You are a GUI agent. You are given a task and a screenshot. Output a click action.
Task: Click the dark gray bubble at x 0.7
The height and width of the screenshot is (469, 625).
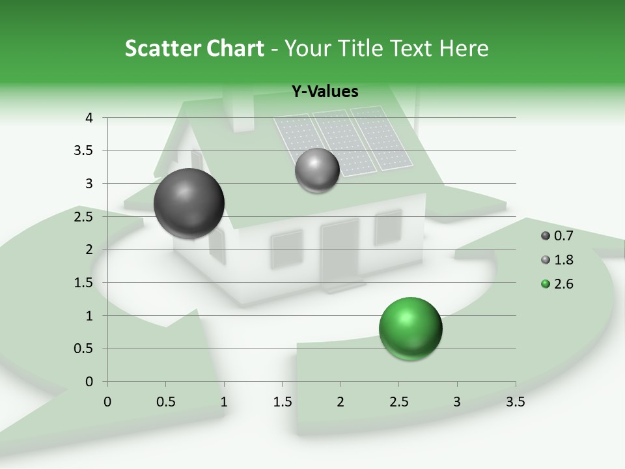189,203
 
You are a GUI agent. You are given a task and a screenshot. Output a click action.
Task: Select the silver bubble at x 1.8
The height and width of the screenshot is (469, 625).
317,170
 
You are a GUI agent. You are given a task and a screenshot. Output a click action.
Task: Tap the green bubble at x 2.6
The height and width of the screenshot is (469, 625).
410,328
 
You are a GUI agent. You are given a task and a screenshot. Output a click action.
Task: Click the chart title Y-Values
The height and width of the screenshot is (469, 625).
324,92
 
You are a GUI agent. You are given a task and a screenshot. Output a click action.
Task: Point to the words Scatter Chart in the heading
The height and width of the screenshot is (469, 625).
194,48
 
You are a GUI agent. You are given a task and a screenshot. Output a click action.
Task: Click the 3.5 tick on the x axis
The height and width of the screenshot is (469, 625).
516,402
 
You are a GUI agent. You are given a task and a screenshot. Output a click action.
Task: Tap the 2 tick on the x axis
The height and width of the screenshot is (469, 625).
340,402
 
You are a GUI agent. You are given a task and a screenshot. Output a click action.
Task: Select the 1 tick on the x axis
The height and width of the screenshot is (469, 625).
224,402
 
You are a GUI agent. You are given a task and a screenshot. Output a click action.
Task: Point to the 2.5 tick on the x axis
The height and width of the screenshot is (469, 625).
398,402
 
